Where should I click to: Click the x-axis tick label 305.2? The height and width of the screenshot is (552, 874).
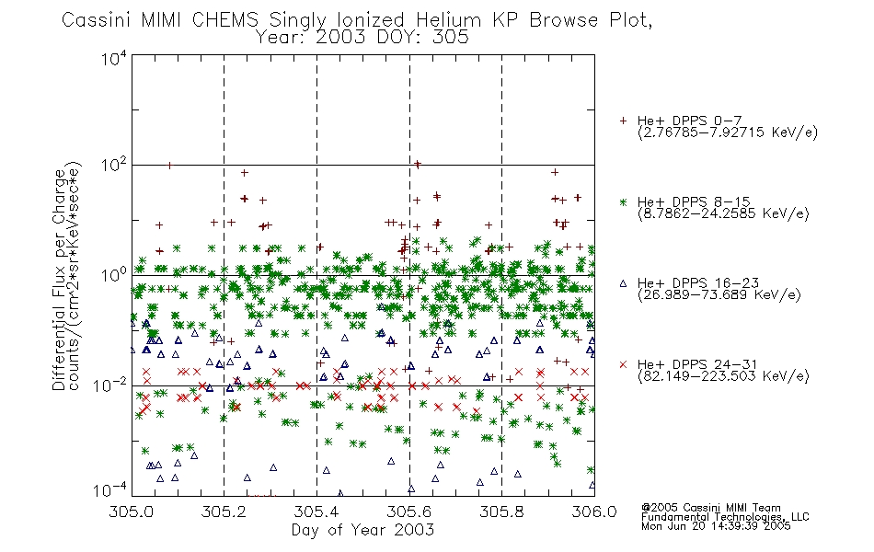coord(224,512)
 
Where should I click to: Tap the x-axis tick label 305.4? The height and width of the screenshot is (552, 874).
coord(316,512)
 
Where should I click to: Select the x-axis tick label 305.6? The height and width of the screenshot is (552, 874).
coord(409,512)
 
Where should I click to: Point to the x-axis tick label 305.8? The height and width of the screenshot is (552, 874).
coord(501,512)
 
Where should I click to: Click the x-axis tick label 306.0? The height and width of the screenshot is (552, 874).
coord(594,512)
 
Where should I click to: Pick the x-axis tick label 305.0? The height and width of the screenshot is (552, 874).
coord(132,512)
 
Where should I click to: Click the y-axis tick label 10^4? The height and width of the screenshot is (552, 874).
coord(114,58)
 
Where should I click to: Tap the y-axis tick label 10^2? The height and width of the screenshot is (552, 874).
coord(114,166)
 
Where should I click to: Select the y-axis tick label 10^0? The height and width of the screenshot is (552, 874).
coord(114,275)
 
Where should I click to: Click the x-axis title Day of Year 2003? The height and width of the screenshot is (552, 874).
coord(362,530)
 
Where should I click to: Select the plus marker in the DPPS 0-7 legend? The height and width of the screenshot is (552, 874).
coord(623,121)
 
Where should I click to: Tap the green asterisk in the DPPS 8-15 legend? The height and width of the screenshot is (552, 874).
coord(623,202)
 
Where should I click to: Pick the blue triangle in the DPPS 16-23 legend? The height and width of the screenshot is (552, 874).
coord(623,283)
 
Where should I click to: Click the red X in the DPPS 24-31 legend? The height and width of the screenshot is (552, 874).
coord(623,364)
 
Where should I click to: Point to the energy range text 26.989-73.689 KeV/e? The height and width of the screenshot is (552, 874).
coord(719,294)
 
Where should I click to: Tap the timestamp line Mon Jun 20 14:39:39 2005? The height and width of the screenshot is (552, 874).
coord(716,526)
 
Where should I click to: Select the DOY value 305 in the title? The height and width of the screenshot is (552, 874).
coord(452,38)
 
